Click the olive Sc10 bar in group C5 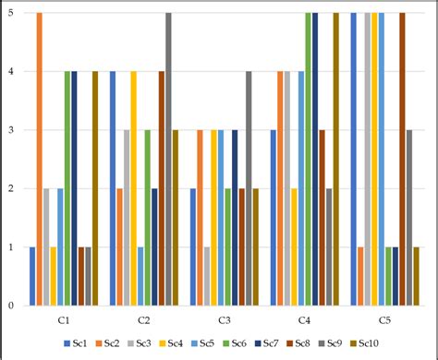pyautogui.click(x=416, y=275)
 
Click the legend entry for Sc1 pyautogui.click(x=73, y=344)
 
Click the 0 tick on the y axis pyautogui.click(x=10, y=305)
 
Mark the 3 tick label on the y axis pyautogui.click(x=10, y=130)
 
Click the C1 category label pyautogui.click(x=64, y=319)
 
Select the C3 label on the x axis pyautogui.click(x=225, y=319)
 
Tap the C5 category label pyautogui.click(x=384, y=319)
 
